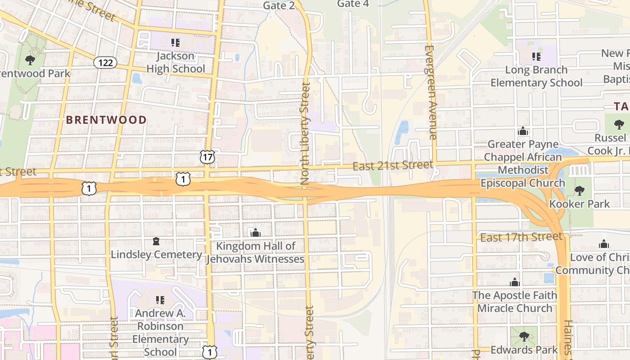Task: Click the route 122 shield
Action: (x=105, y=63)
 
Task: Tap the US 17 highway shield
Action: (x=207, y=157)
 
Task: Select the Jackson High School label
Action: (x=175, y=63)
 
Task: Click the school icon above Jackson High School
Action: (x=175, y=43)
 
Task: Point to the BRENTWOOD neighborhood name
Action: (x=106, y=120)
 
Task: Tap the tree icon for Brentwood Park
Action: (x=30, y=59)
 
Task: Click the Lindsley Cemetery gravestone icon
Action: (x=156, y=242)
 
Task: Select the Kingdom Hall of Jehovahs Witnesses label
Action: (x=256, y=252)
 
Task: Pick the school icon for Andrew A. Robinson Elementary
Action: (x=160, y=300)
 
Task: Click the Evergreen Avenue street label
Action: (x=431, y=92)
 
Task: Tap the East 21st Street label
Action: (x=392, y=166)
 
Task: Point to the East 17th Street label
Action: (x=521, y=237)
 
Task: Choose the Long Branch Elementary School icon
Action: (x=536, y=57)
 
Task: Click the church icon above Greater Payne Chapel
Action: (x=522, y=131)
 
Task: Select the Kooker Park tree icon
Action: (x=580, y=191)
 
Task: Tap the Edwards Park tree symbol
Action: (x=524, y=336)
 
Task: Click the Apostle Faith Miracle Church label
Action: (x=514, y=301)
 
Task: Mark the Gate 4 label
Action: (x=353, y=4)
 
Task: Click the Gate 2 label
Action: (x=279, y=5)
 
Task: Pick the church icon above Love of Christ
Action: (x=603, y=244)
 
